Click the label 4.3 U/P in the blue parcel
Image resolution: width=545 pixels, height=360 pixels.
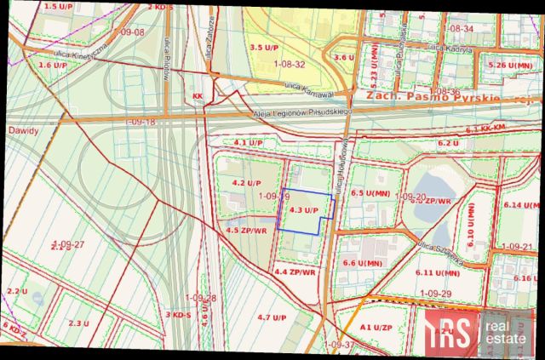tap(303, 209)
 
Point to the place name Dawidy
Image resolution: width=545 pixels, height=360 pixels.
tap(23, 130)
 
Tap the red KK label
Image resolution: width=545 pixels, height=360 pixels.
tap(198, 96)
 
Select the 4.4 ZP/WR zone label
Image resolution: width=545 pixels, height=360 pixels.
tap(295, 272)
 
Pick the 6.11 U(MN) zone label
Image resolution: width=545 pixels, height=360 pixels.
tap(439, 272)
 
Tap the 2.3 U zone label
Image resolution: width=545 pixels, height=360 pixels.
tap(78, 323)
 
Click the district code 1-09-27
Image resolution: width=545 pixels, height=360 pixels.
tap(68, 244)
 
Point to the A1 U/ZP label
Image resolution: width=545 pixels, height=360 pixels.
tap(376, 327)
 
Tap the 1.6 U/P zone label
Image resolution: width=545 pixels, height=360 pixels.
tap(53, 65)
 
